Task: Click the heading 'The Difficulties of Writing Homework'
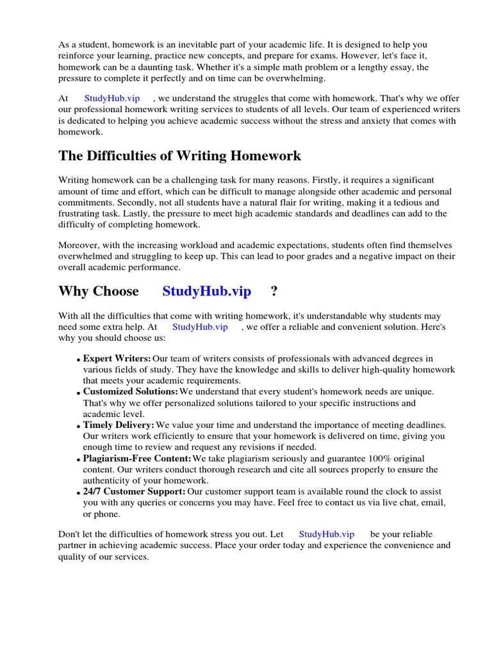point(179,156)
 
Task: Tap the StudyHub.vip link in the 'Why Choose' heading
point(206,291)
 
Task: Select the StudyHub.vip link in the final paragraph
point(326,534)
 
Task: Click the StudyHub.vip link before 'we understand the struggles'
point(111,98)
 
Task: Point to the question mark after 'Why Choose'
point(274,291)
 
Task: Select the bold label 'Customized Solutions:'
point(131,391)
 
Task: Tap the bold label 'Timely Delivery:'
point(119,425)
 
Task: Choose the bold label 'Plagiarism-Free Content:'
point(137,458)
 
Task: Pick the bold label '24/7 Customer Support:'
point(134,491)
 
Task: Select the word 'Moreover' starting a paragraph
point(78,245)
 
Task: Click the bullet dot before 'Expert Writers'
point(78,360)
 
